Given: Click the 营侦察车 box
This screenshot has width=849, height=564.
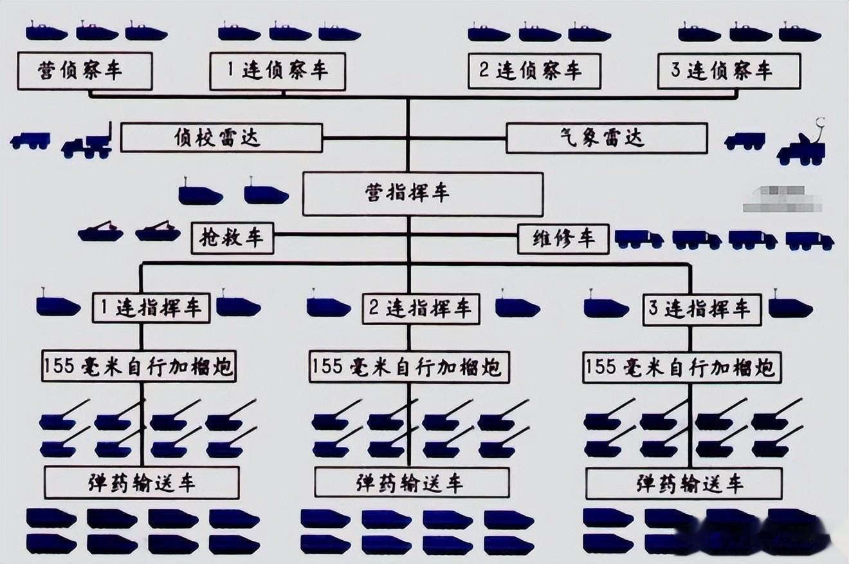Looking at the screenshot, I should click(x=85, y=71).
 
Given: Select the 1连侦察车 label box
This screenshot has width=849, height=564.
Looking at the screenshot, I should click(x=277, y=71).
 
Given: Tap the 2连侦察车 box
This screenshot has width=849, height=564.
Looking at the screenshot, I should click(x=534, y=71).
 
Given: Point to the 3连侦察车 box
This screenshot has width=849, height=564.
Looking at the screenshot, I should click(x=729, y=71).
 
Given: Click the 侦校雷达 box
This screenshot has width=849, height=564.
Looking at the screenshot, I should click(x=221, y=138).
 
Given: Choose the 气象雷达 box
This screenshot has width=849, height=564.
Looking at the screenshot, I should click(x=607, y=138).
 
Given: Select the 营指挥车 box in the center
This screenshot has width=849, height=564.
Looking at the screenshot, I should click(x=423, y=193).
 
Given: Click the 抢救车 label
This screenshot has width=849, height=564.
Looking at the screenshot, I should click(x=232, y=238).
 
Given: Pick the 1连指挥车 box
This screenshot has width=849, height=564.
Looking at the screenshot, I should click(x=151, y=308).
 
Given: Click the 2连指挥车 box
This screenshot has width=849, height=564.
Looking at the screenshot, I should click(x=421, y=309).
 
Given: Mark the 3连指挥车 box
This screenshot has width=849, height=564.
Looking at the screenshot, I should click(x=702, y=309).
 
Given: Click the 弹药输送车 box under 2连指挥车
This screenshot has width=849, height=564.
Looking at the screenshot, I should click(x=412, y=482).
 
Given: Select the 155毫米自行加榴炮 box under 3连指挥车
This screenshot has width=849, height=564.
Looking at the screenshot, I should click(x=681, y=368).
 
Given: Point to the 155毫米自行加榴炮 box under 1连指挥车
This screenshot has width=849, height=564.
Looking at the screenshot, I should click(x=138, y=366).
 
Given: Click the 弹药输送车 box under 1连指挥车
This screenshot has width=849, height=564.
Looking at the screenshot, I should click(x=141, y=483).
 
